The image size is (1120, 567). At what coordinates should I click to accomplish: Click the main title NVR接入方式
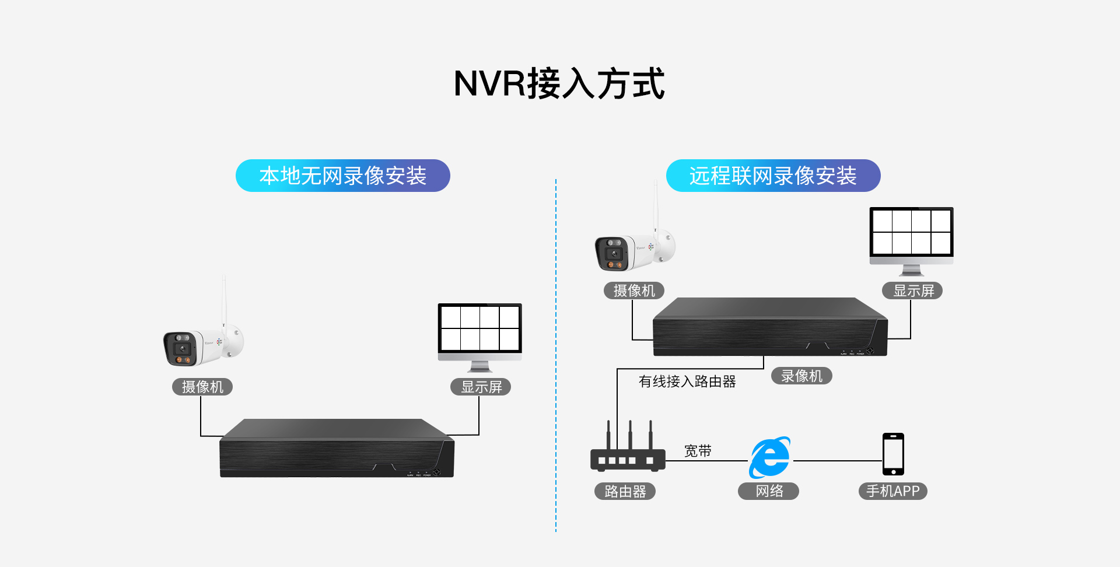pyautogui.click(x=559, y=83)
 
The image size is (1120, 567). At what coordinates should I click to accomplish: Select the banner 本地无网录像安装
pyautogui.click(x=343, y=176)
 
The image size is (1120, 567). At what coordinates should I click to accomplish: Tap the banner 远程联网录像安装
pyautogui.click(x=773, y=176)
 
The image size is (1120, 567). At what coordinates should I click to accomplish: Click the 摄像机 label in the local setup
pyautogui.click(x=202, y=387)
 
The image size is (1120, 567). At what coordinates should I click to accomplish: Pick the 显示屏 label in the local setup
pyautogui.click(x=481, y=387)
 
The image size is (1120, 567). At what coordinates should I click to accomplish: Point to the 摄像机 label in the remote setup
pyautogui.click(x=634, y=290)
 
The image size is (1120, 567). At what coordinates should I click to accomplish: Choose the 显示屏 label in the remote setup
pyautogui.click(x=913, y=290)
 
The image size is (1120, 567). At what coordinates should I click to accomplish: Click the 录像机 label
pyautogui.click(x=801, y=376)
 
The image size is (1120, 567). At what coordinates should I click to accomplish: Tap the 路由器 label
pyautogui.click(x=625, y=491)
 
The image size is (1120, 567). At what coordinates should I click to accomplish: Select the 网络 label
pyautogui.click(x=769, y=491)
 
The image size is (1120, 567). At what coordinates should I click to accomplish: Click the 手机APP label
pyautogui.click(x=892, y=491)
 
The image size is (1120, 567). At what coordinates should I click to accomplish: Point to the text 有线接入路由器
pyautogui.click(x=687, y=381)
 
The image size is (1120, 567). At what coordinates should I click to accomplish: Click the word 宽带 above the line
pyautogui.click(x=698, y=451)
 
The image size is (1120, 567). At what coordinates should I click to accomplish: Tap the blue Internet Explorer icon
pyautogui.click(x=770, y=457)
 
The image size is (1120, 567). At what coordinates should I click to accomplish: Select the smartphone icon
pyautogui.click(x=893, y=454)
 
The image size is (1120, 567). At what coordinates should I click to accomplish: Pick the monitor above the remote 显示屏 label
pyautogui.click(x=911, y=236)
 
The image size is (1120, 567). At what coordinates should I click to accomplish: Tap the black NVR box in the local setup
pyautogui.click(x=337, y=449)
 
